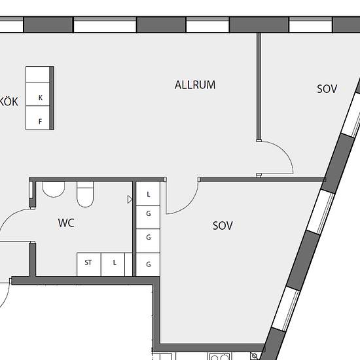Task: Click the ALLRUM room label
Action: coord(195,85)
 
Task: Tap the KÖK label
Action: coord(9,101)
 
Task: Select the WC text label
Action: coord(66,223)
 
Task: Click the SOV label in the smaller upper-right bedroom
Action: coord(327,89)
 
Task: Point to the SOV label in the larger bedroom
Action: coord(223,226)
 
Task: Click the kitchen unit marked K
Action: coord(38,94)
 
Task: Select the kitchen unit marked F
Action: coord(38,118)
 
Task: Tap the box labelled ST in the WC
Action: coord(89,264)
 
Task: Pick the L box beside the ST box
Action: coord(113,264)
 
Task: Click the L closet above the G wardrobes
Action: coord(148,194)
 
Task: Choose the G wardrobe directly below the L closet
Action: coord(148,217)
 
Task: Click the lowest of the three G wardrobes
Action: coord(148,264)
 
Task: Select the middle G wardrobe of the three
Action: coord(148,241)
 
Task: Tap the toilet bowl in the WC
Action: coord(85,194)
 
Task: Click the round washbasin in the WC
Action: coord(54,189)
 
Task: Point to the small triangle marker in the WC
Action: coord(130,199)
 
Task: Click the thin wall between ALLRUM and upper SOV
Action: coord(259,86)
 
